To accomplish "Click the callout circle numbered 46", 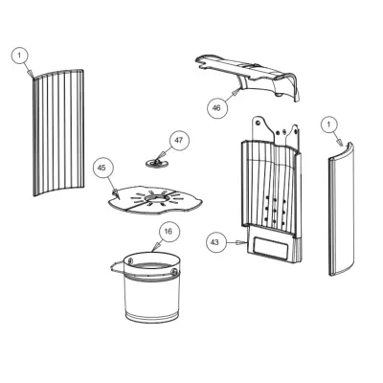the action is coord(216,108).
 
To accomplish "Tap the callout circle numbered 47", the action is coord(178,140).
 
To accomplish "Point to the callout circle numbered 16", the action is coord(169,232).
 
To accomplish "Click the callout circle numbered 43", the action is coord(214,242).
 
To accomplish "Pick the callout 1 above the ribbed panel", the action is coord(19,56).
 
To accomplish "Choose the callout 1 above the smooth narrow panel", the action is coord(329,125).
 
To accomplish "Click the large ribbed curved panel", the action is coord(58,132).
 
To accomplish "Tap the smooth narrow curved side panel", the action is coord(342,209).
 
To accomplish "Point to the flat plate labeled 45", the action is coord(155,199).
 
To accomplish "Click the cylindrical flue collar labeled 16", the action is coord(151,287).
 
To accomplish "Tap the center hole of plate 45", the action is coord(155,198).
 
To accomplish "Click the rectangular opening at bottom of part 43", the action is coord(271,247).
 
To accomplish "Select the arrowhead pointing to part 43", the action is coord(237,243).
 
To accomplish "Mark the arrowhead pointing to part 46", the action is coord(236,93).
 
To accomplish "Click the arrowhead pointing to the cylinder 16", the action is coord(157,247).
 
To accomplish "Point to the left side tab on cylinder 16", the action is coord(117,266).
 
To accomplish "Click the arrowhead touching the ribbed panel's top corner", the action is coord(31,74).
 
